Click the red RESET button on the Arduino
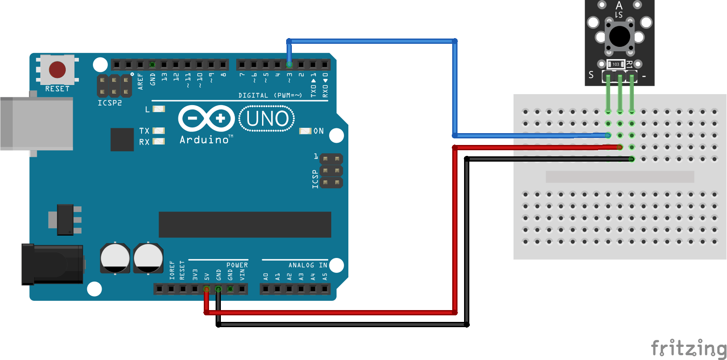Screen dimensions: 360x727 57,69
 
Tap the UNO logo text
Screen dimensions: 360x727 267,119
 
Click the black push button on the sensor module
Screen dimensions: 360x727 620,36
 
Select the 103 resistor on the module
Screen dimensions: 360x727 616,64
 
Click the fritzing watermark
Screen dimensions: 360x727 688,349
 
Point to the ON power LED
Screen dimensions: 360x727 305,131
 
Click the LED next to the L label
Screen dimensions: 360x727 159,109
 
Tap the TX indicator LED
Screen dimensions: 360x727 159,131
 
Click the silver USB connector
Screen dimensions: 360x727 37,124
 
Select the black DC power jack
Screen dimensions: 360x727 53,264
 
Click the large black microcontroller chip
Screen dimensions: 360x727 245,225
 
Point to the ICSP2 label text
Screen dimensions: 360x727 110,103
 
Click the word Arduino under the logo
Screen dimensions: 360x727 204,140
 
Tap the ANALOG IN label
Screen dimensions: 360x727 308,265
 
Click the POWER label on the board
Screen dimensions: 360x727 237,265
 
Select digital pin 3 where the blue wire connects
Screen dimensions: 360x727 289,65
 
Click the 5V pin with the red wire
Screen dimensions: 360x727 206,289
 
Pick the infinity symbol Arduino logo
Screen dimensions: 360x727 206,118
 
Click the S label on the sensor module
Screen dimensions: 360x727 591,75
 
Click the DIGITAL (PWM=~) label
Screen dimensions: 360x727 270,95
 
